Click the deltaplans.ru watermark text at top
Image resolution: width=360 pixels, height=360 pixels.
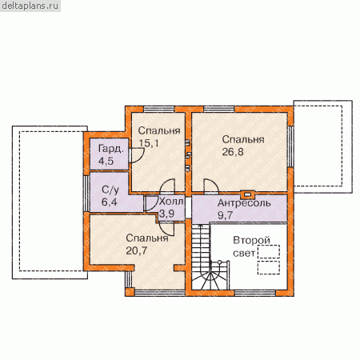(x=30, y=6)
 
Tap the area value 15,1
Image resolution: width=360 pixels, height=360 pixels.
(x=149, y=143)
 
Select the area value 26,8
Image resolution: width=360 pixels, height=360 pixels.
(x=233, y=152)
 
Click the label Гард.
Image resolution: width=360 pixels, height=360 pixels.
(x=111, y=149)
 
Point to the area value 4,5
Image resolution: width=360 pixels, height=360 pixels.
(x=106, y=161)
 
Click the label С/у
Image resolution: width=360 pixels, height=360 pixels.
(x=110, y=190)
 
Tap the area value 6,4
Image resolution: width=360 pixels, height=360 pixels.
(x=109, y=202)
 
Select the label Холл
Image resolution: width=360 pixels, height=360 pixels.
(x=171, y=202)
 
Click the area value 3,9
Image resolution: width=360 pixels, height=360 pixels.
(x=166, y=214)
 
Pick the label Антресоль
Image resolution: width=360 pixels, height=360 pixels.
(x=244, y=203)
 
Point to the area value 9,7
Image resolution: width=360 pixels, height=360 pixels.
(x=225, y=215)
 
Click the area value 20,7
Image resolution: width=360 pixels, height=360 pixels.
(x=136, y=250)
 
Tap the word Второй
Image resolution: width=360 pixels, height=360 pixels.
(x=251, y=241)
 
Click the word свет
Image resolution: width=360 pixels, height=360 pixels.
(x=244, y=253)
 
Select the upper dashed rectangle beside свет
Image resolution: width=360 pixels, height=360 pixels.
(x=269, y=251)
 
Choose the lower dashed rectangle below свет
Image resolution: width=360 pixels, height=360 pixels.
(x=269, y=267)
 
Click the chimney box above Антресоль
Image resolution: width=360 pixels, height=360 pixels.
(x=247, y=194)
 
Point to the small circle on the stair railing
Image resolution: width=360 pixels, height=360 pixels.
(x=219, y=262)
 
